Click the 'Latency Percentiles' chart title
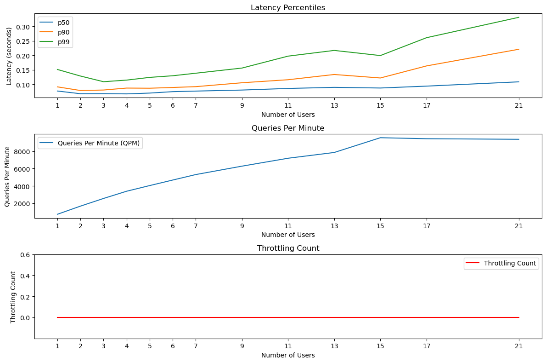(x=288, y=8)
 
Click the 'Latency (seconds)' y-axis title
(x=9, y=56)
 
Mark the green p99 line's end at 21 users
(x=519, y=17)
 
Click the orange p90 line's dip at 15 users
(x=380, y=78)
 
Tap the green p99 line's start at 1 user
(x=57, y=69)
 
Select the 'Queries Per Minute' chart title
(x=288, y=128)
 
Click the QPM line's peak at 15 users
(x=380, y=138)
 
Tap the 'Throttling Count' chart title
(x=288, y=248)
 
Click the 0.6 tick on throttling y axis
(x=26, y=255)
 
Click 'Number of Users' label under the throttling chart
(x=288, y=355)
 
